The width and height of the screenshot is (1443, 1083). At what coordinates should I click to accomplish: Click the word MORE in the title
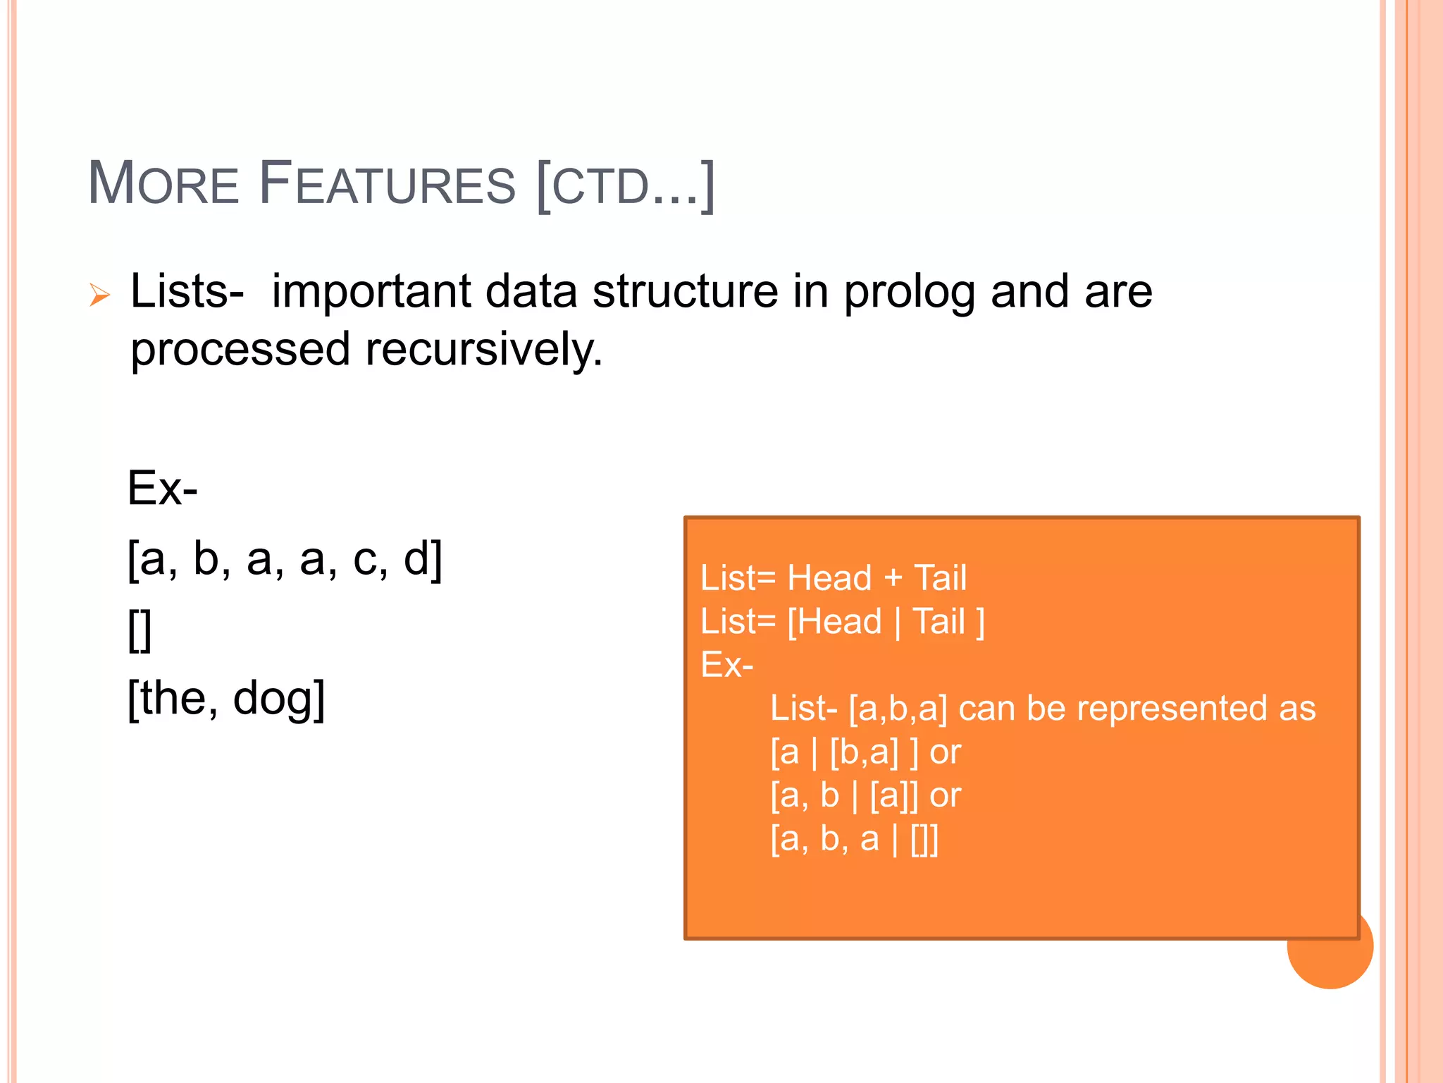point(163,184)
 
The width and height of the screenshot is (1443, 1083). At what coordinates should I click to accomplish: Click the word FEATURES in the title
point(387,184)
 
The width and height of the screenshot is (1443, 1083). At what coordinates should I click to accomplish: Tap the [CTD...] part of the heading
point(626,185)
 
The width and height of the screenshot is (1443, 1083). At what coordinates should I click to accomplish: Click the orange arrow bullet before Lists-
point(99,294)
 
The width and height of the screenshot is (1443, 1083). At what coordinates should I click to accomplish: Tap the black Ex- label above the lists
point(162,488)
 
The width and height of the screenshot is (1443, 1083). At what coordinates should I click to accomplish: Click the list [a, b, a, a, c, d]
point(285,558)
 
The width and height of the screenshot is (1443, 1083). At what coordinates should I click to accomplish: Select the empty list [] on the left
point(140,630)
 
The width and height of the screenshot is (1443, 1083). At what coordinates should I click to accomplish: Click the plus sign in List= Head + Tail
point(893,578)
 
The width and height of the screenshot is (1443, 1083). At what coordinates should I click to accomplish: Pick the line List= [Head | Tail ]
point(842,622)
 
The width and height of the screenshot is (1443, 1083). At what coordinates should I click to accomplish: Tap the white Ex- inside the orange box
point(726,665)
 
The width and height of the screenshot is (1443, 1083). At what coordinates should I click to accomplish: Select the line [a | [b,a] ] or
point(865,752)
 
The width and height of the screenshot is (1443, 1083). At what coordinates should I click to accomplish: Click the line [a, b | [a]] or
point(865,795)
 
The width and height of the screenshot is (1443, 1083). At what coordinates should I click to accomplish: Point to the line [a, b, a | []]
point(854,839)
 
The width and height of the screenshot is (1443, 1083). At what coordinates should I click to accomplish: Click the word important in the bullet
point(371,291)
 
